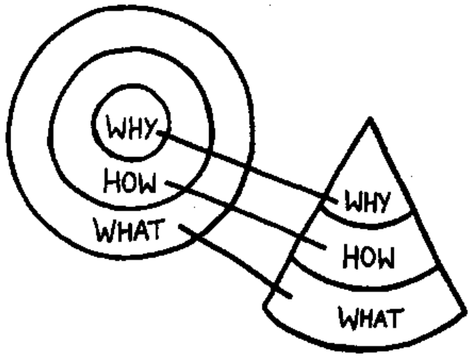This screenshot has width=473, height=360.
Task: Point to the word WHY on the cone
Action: (368, 204)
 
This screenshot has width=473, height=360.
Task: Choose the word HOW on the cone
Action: (368, 259)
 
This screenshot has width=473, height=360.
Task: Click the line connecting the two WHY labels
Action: (243, 164)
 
